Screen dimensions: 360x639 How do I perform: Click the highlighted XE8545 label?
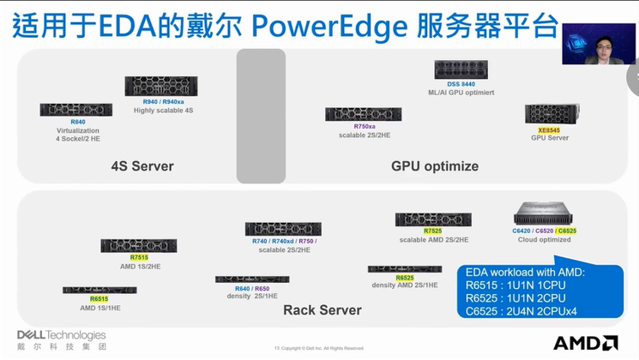tap(537, 129)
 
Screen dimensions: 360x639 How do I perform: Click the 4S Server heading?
tap(142, 166)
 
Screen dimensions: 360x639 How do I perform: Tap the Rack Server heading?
tap(323, 309)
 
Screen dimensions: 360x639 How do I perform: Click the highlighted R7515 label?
tap(139, 257)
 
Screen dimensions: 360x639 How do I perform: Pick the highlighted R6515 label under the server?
tap(99, 299)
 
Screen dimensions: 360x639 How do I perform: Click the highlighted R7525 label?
tap(434, 231)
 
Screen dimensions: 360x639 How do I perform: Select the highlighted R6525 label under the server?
tap(405, 278)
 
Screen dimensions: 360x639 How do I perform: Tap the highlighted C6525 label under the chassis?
tap(567, 231)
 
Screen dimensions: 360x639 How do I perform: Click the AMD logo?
tap(585, 342)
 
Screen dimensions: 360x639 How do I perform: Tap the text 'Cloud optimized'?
tap(544, 240)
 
